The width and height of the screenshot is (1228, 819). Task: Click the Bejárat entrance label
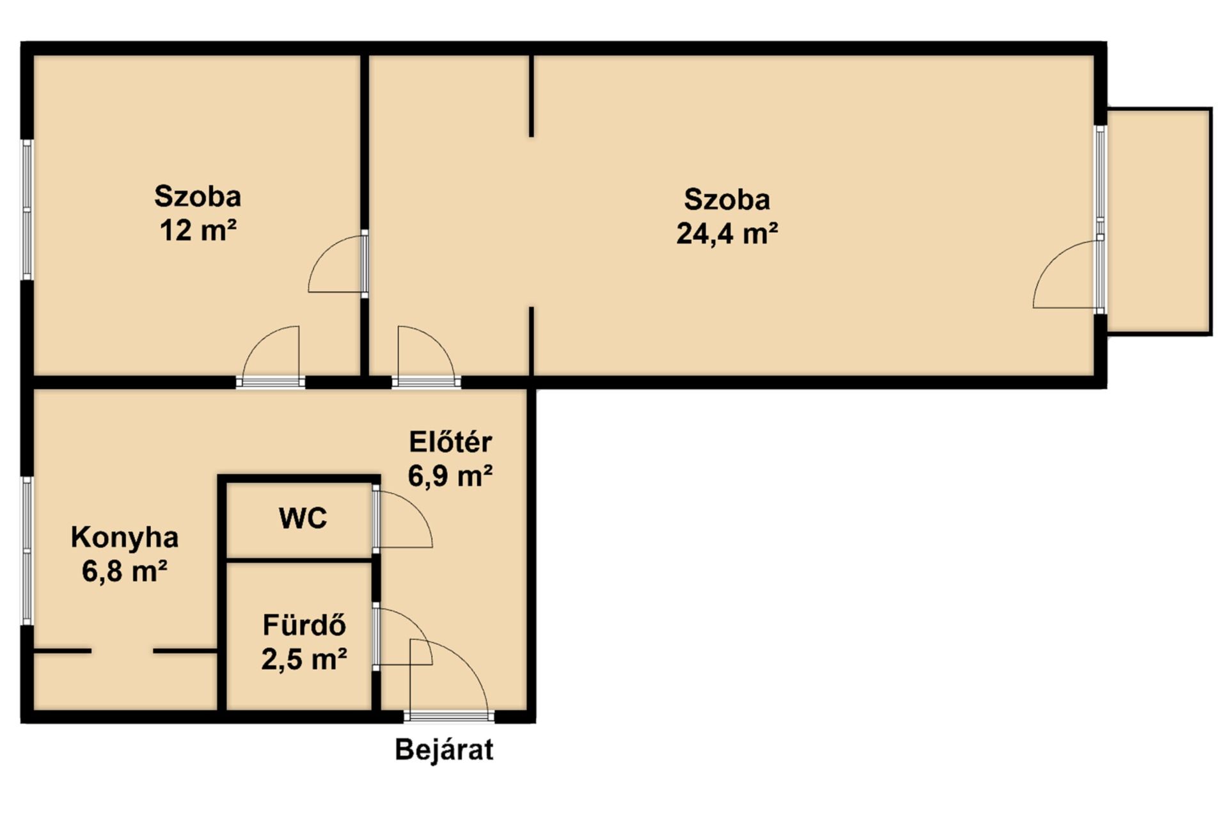point(444,749)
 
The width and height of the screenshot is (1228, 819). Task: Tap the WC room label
point(303,518)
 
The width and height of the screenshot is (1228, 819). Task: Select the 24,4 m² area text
point(727,234)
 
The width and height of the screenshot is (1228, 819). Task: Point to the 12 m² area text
point(198,230)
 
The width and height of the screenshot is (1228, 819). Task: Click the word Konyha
point(125,537)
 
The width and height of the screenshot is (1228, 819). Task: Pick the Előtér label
point(450,442)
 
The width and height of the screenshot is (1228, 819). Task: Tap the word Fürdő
point(304,625)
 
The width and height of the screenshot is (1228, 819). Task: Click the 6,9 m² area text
point(450,476)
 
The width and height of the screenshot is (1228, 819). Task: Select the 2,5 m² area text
point(304,659)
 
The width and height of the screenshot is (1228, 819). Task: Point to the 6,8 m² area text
point(125,571)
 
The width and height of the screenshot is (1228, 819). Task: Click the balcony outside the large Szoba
point(1158,221)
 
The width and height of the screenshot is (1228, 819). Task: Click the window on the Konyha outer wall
point(27,550)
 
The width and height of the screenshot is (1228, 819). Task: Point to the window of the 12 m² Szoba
point(27,209)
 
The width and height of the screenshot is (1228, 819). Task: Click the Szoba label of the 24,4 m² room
point(727,200)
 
